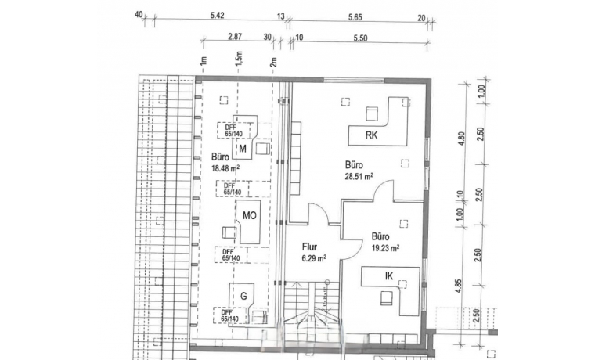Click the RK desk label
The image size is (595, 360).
coord(372,135)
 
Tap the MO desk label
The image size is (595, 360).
coord(251,215)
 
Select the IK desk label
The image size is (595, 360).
coord(389,276)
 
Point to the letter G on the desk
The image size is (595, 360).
coord(243,296)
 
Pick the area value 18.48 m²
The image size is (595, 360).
coord(225,167)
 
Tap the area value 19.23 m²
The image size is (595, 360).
coord(385,247)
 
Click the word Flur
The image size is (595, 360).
coord(308,245)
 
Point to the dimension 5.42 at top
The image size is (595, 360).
coord(218,15)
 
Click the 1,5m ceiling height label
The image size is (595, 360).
coord(239,58)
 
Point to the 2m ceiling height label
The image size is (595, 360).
coord(273,62)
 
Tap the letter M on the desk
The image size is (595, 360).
coord(243,149)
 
